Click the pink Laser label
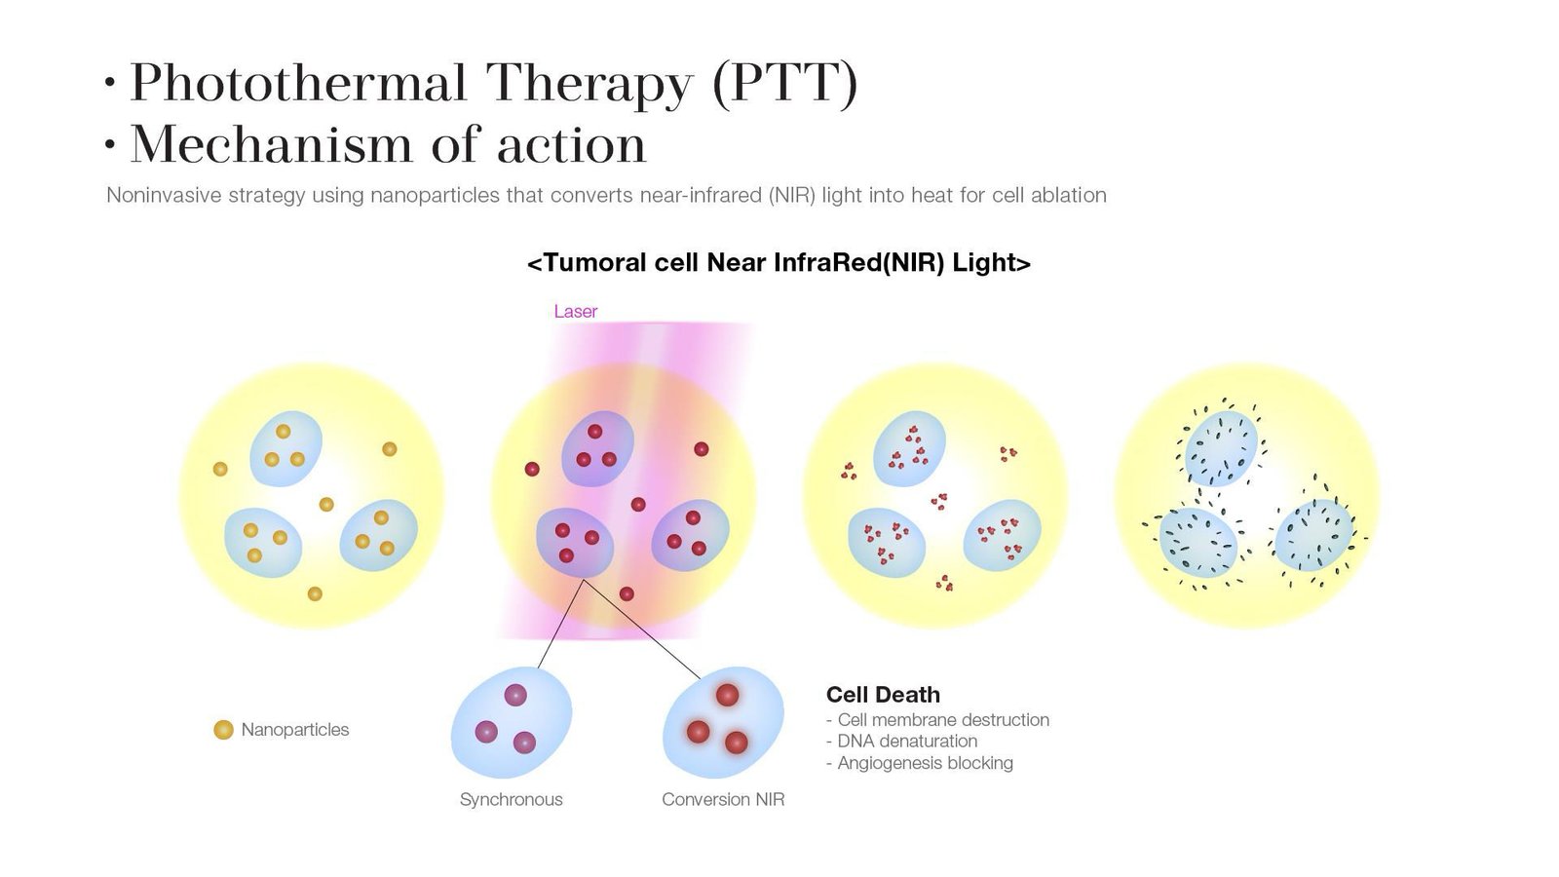[575, 311]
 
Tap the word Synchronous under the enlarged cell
[511, 800]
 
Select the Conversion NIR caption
[723, 799]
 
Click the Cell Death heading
[883, 694]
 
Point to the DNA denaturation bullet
[902, 741]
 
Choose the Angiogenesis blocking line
[920, 763]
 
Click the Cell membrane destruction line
[937, 719]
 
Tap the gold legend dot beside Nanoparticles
[223, 730]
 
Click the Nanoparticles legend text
[295, 730]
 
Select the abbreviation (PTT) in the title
[785, 84]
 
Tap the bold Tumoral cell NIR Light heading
[779, 262]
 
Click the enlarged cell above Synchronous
[512, 722]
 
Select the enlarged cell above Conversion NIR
[723, 722]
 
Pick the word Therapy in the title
[589, 85]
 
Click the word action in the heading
[571, 145]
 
